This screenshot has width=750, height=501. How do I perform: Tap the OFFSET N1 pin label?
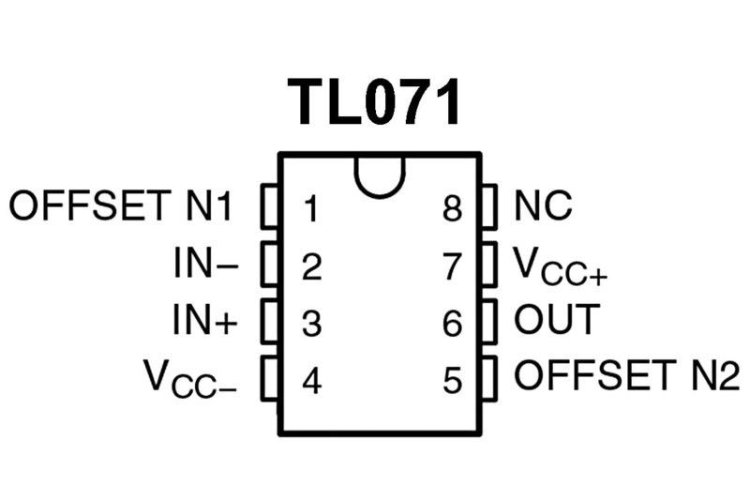click(x=121, y=205)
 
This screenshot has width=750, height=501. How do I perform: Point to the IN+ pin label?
click(x=205, y=322)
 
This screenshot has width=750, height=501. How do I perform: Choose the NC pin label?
click(x=543, y=205)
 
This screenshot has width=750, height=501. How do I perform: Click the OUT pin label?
click(x=555, y=321)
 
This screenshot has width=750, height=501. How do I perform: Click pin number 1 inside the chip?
click(x=311, y=208)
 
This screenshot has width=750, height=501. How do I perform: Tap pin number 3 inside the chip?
click(x=312, y=325)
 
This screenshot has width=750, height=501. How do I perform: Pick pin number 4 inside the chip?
click(x=312, y=381)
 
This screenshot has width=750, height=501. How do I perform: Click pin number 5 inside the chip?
click(x=454, y=381)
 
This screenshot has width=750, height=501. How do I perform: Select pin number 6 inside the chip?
click(x=454, y=325)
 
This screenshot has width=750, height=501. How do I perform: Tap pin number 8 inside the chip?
click(x=454, y=208)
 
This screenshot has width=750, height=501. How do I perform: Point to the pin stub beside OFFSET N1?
click(x=271, y=206)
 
